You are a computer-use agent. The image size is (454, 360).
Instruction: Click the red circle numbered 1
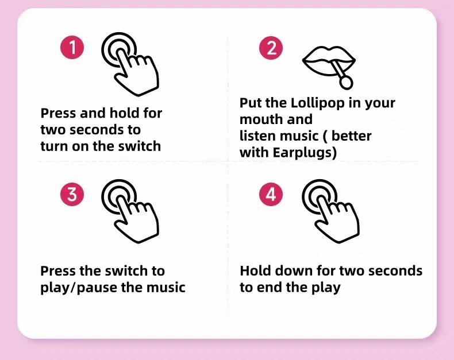tap(72, 48)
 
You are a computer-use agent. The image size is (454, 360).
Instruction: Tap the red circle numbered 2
tap(271, 48)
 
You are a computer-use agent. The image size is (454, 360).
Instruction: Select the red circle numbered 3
tap(72, 194)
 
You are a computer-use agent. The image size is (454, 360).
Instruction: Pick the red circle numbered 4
tap(271, 194)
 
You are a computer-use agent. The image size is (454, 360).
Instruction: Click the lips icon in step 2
tap(329, 61)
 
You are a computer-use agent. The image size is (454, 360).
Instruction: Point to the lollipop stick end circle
tap(346, 83)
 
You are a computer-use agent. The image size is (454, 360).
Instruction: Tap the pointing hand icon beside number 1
tap(130, 64)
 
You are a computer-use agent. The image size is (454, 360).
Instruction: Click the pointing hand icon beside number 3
tap(130, 211)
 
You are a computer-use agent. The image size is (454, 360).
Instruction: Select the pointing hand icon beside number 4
tap(330, 211)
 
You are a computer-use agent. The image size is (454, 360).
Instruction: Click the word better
tap(351, 136)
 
